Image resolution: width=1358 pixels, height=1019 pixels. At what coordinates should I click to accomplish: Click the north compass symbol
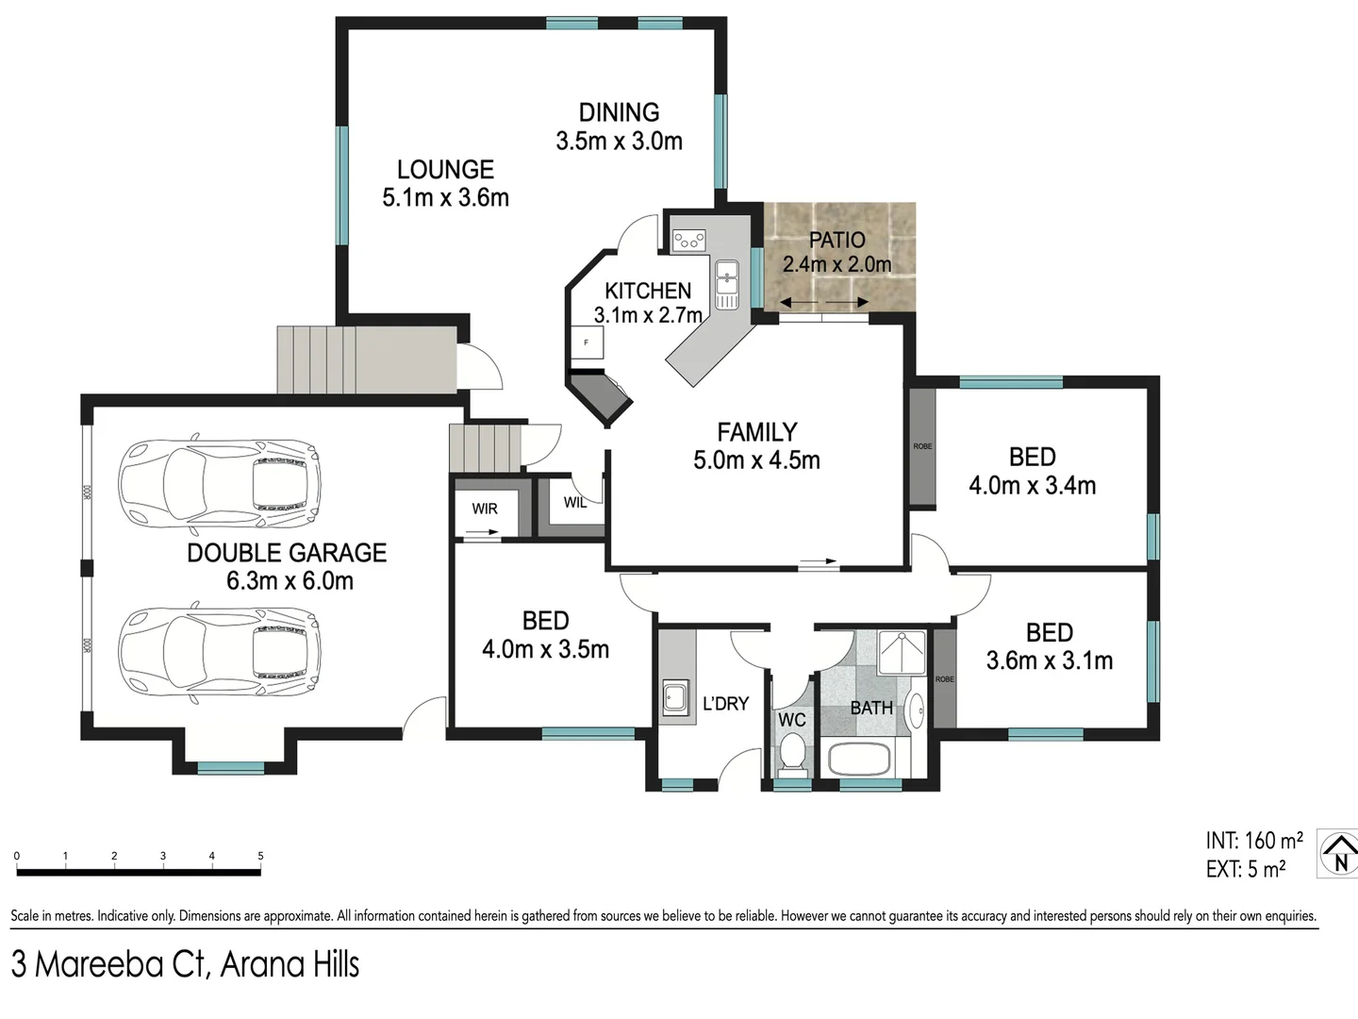(1338, 854)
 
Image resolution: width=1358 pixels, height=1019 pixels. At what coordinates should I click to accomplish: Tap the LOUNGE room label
(445, 170)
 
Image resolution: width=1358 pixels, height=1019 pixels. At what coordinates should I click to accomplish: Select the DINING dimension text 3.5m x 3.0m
(619, 142)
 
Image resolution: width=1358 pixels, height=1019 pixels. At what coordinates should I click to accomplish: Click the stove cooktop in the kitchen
(689, 240)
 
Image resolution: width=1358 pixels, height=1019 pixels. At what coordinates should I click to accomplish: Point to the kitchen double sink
(727, 284)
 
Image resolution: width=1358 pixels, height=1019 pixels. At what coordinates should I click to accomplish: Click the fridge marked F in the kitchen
(587, 342)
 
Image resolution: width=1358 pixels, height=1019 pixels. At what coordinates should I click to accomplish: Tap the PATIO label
(836, 240)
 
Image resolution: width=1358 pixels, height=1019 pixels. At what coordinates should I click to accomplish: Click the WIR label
(485, 509)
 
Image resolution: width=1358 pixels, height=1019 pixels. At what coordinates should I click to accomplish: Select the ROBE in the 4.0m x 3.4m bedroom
(922, 447)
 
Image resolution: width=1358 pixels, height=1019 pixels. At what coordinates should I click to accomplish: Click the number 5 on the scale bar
(260, 857)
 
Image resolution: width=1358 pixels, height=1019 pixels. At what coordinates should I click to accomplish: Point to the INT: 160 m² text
(1253, 840)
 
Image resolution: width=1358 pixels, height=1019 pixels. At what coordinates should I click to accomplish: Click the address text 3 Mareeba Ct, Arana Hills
(186, 964)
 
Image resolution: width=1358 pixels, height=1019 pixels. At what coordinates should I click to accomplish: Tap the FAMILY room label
(756, 432)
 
